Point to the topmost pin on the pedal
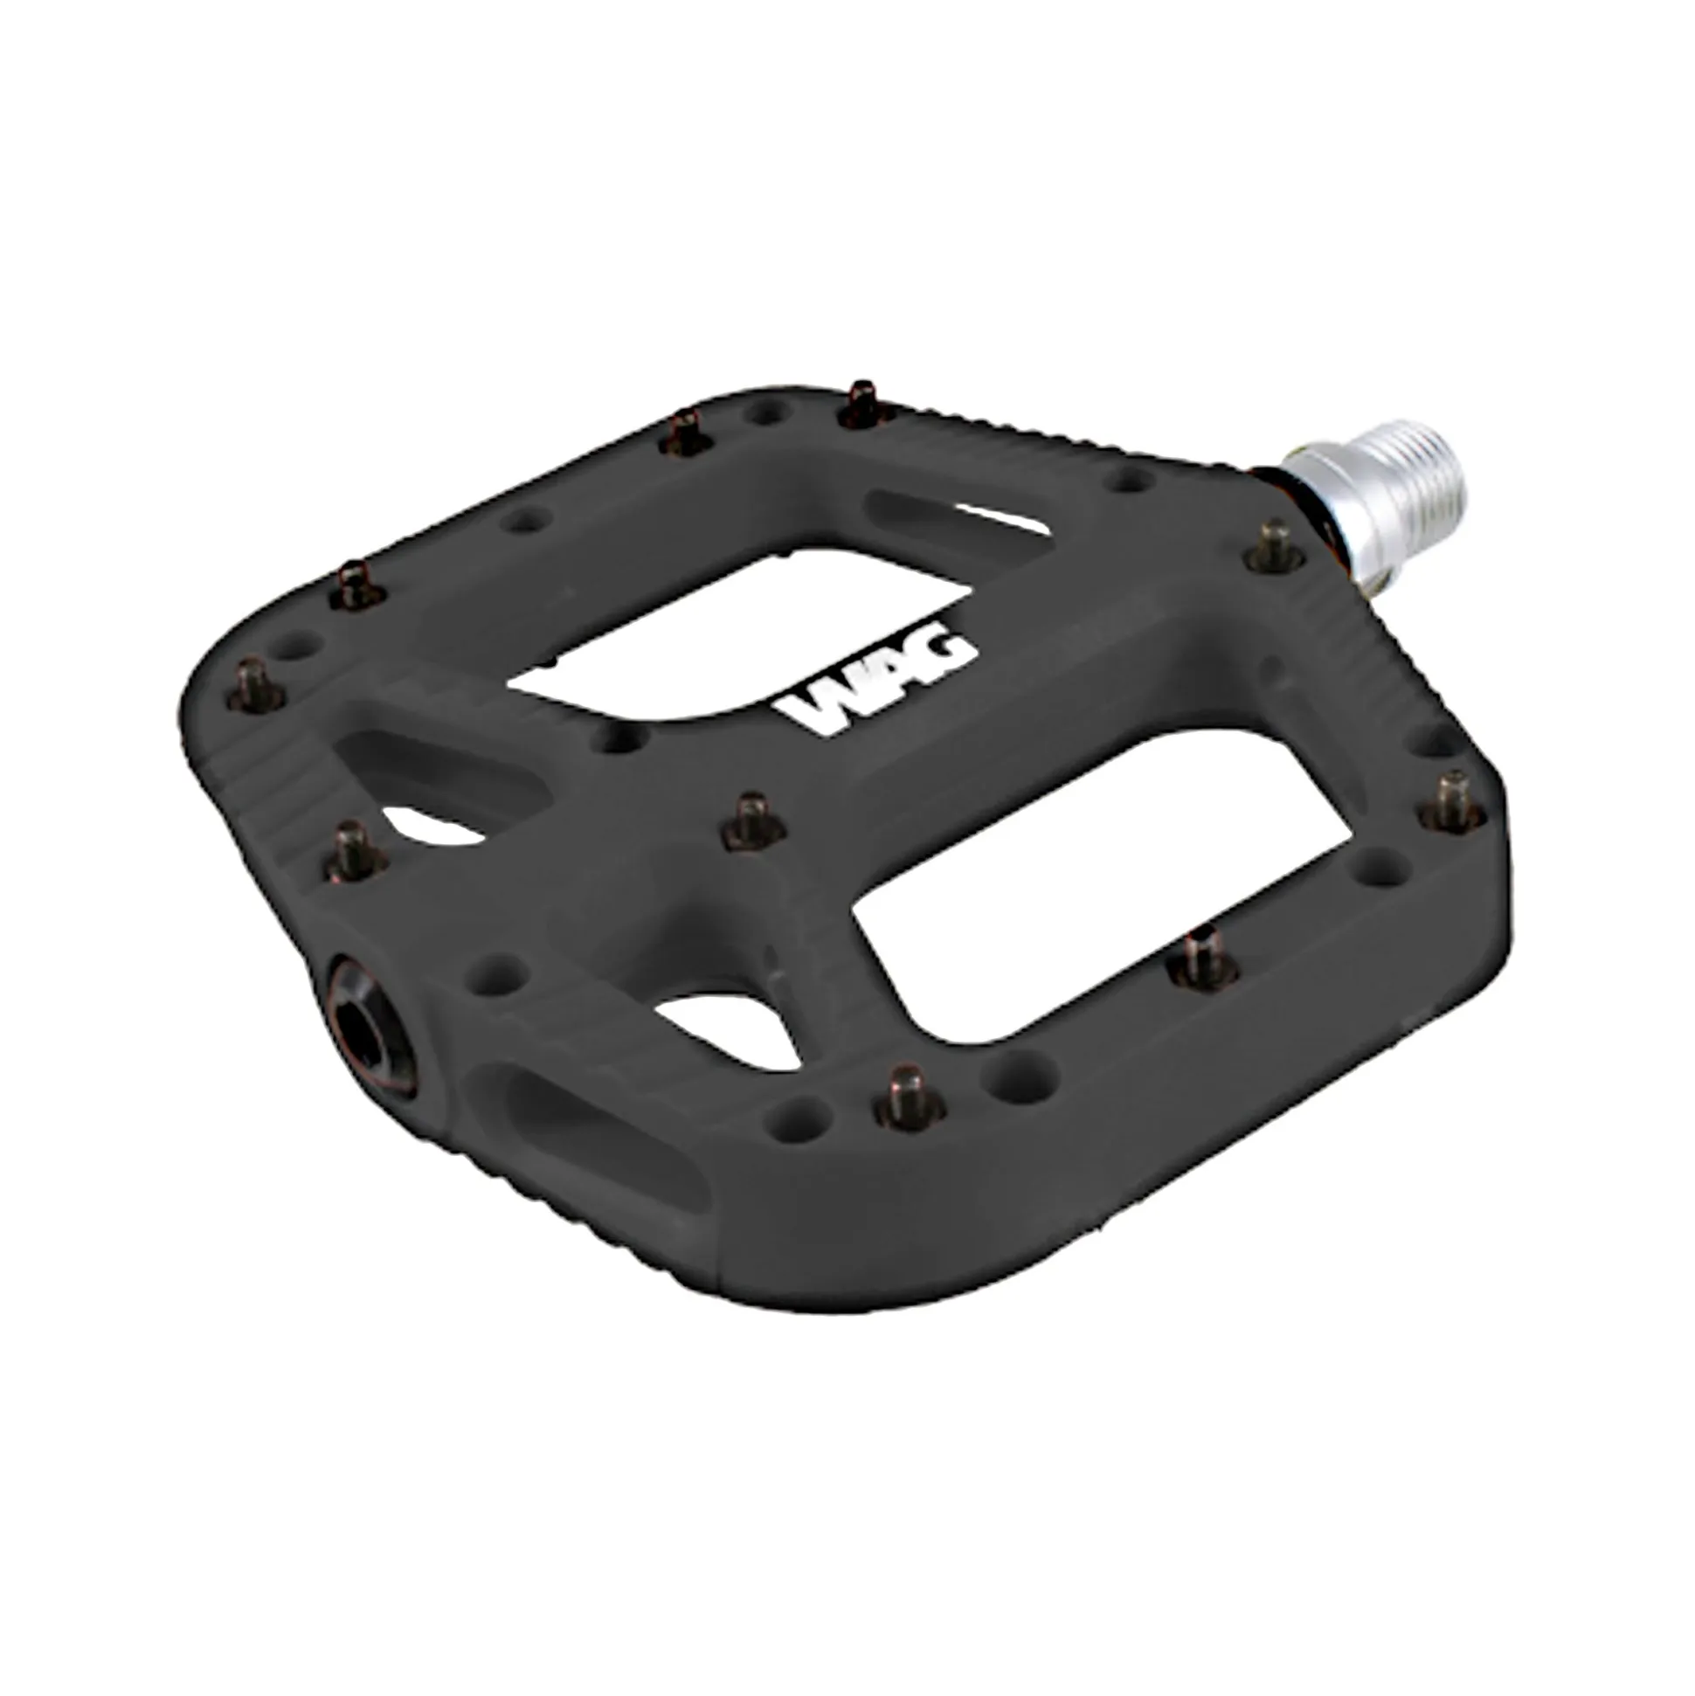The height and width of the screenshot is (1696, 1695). pos(866,404)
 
